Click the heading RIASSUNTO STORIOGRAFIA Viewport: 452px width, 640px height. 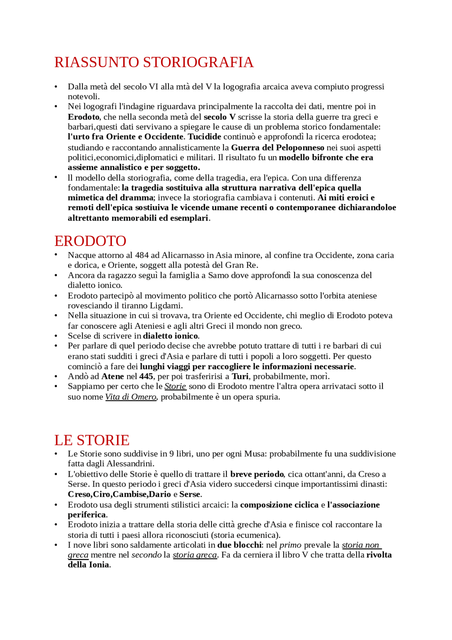point(154,63)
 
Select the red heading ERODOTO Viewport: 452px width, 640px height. point(90,241)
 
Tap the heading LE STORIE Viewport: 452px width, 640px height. point(92,440)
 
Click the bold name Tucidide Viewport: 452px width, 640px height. point(204,137)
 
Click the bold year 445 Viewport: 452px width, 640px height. point(146,376)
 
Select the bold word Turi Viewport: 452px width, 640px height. point(240,376)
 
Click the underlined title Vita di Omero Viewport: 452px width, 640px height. point(131,397)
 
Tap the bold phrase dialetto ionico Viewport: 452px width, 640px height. point(171,336)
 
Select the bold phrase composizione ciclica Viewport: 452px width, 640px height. point(279,505)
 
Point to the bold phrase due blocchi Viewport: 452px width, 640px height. point(239,545)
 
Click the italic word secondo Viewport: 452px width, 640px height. point(146,555)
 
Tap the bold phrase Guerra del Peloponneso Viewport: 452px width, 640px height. point(278,147)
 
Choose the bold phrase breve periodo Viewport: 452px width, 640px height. point(257,474)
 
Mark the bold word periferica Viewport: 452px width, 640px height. point(87,515)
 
